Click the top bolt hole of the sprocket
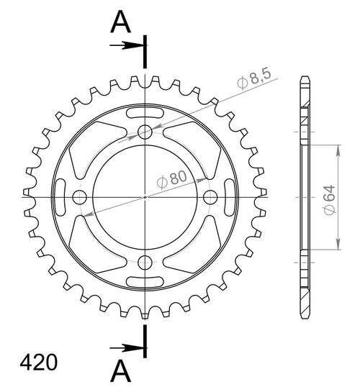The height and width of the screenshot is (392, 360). click(x=145, y=131)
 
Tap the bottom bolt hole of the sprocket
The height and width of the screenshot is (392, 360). click(x=145, y=262)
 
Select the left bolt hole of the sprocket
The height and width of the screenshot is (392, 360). click(x=80, y=196)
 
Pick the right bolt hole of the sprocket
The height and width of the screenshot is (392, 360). click(x=211, y=196)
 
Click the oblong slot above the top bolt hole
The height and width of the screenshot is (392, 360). click(x=145, y=114)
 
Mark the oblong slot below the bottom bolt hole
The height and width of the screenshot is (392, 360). click(x=145, y=280)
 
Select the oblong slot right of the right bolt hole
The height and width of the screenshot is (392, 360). click(x=228, y=196)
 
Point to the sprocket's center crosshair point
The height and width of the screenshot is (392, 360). click(x=145, y=196)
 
